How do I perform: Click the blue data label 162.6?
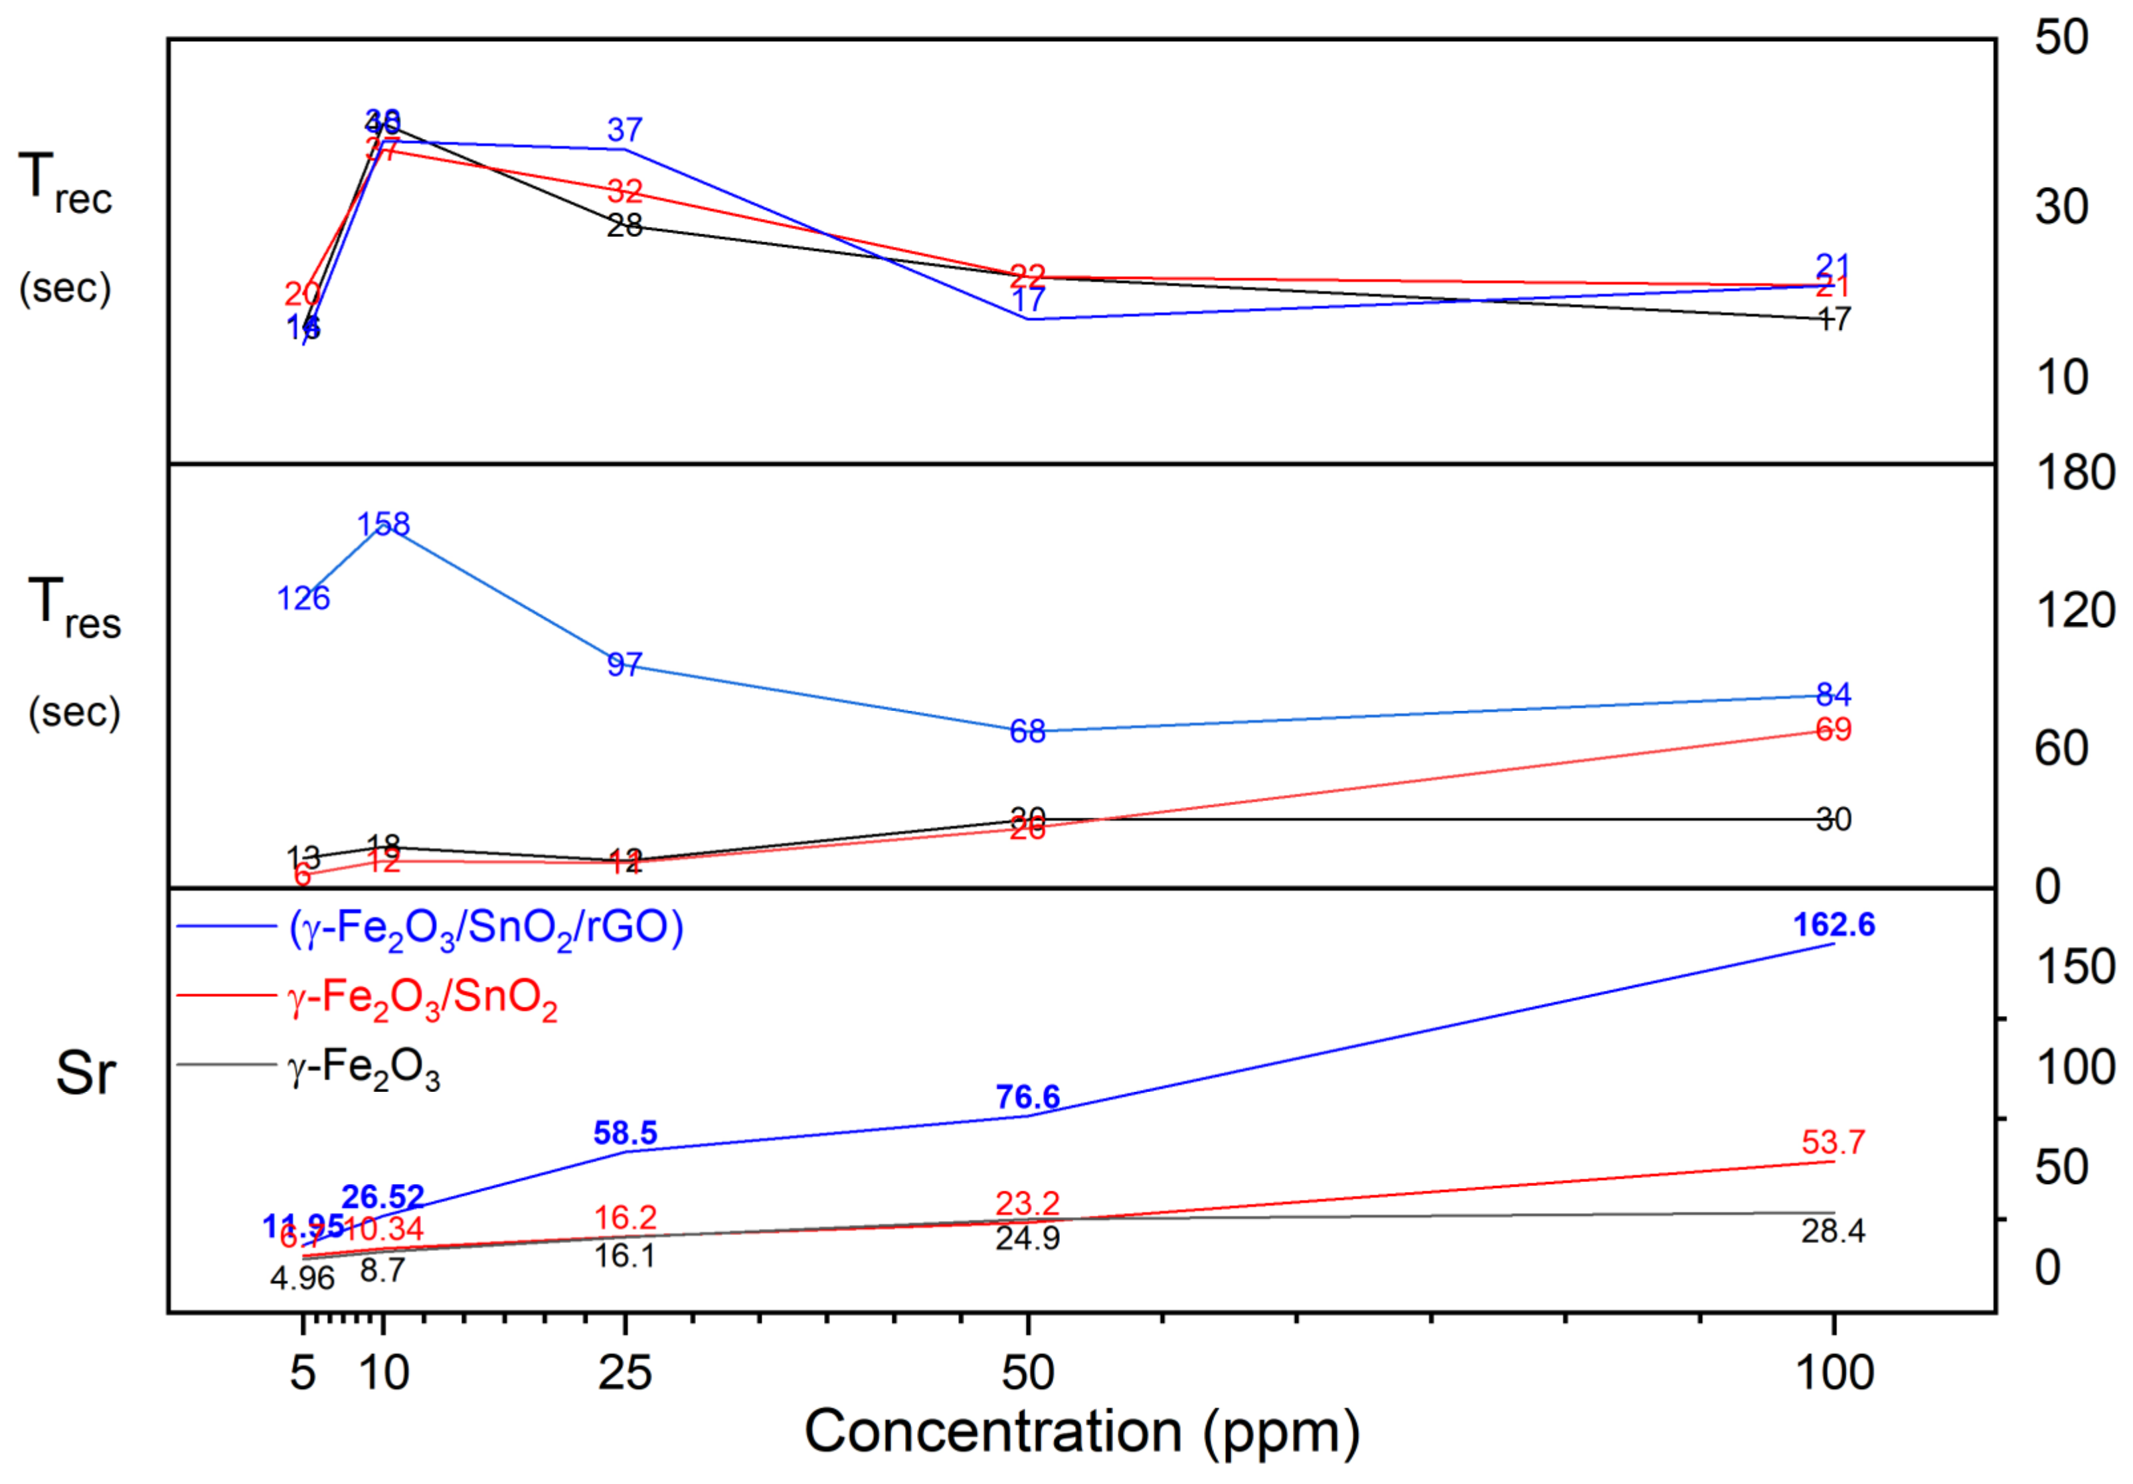1833,925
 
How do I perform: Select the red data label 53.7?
1833,1142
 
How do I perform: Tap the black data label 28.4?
1833,1231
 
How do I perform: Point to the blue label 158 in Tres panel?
383,525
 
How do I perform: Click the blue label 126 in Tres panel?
303,598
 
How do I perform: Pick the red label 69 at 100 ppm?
1833,730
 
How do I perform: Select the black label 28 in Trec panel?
624,225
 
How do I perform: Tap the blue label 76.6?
1027,1098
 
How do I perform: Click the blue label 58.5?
624,1133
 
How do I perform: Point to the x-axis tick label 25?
624,1373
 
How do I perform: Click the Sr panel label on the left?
86,1074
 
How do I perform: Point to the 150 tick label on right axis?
2075,968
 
